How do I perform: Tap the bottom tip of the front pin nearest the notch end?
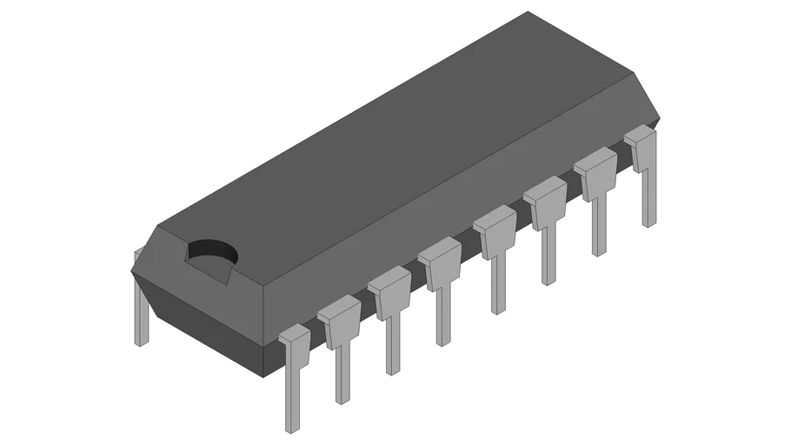291,428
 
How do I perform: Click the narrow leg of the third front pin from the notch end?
393,343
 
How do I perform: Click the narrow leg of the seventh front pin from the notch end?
599,226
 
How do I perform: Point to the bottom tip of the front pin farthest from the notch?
649,223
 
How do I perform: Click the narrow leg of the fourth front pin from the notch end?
444,315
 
